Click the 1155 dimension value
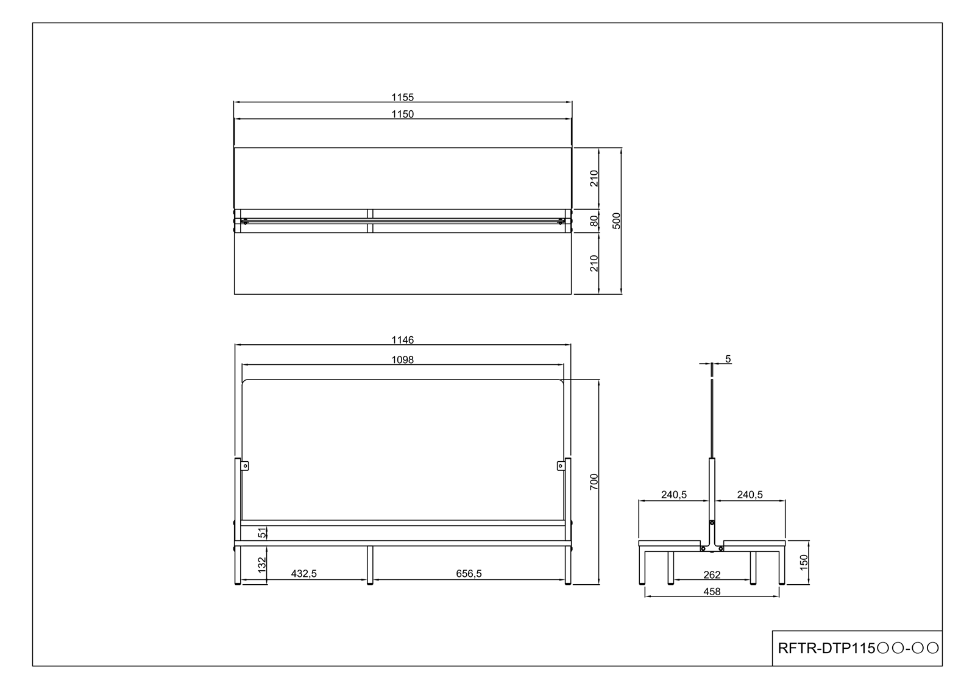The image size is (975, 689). pos(402,97)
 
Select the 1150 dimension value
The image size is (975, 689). pos(402,114)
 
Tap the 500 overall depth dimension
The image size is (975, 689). pos(616,221)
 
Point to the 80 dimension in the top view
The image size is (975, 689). pos(594,221)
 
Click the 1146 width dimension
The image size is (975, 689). pos(402,340)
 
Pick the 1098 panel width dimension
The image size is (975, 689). pos(402,360)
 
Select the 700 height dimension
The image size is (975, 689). pos(594,482)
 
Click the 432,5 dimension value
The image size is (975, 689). pos(304,574)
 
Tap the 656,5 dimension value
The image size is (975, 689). pos(469,574)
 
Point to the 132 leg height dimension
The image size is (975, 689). pos(261,565)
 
